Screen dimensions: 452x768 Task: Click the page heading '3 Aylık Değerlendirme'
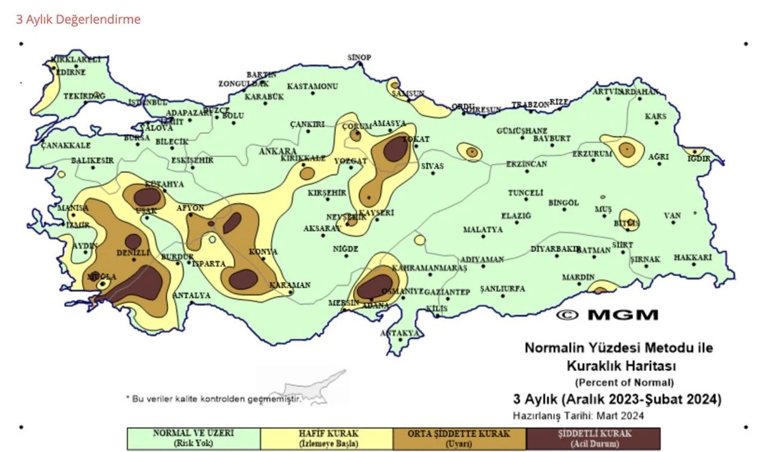pos(78,19)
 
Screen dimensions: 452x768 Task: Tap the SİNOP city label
pos(359,58)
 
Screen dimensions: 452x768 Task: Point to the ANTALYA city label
pos(191,296)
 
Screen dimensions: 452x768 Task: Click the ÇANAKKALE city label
pos(66,146)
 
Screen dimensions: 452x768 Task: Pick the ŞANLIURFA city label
pos(502,289)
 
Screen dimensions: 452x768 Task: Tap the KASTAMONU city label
pos(312,86)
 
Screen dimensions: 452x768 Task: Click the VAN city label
pos(673,216)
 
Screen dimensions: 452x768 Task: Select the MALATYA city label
pos(482,230)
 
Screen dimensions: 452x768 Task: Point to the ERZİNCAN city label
pos(526,164)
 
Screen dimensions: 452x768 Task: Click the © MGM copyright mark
pos(607,315)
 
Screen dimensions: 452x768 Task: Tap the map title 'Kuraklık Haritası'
pos(619,365)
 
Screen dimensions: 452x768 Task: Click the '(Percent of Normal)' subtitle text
pos(624,382)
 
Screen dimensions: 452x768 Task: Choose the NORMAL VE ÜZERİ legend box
pos(193,439)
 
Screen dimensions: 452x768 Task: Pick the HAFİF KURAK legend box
pos(327,439)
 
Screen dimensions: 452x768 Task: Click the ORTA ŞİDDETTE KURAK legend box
pos(460,439)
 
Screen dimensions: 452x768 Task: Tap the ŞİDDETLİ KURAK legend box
pos(593,439)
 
